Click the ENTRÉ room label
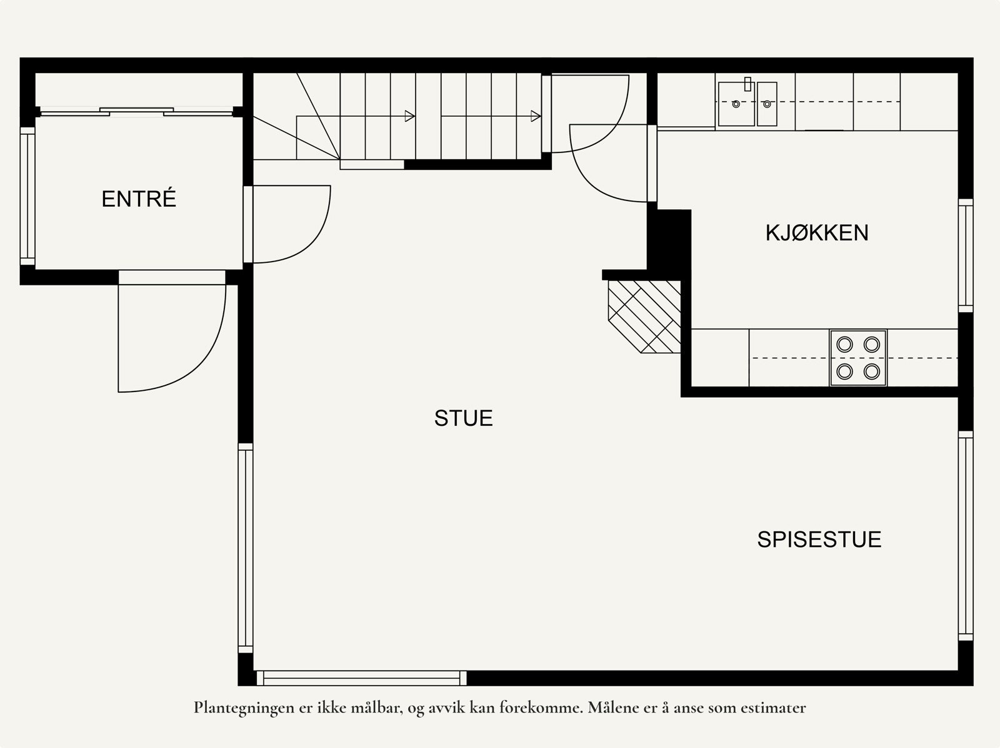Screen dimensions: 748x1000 tap(139, 199)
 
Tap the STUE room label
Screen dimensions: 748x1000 tap(463, 418)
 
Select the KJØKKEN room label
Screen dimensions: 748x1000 tap(817, 233)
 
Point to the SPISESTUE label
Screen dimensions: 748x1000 tap(819, 539)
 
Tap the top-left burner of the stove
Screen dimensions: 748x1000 tap(844, 344)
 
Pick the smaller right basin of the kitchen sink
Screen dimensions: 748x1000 tap(767, 104)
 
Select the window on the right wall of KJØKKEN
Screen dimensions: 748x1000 tap(966, 255)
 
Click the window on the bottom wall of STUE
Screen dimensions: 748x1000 tap(361, 678)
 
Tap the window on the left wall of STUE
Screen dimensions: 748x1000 tap(245, 548)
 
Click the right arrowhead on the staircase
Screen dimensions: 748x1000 tap(536, 116)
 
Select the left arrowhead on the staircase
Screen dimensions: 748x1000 tap(410, 116)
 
